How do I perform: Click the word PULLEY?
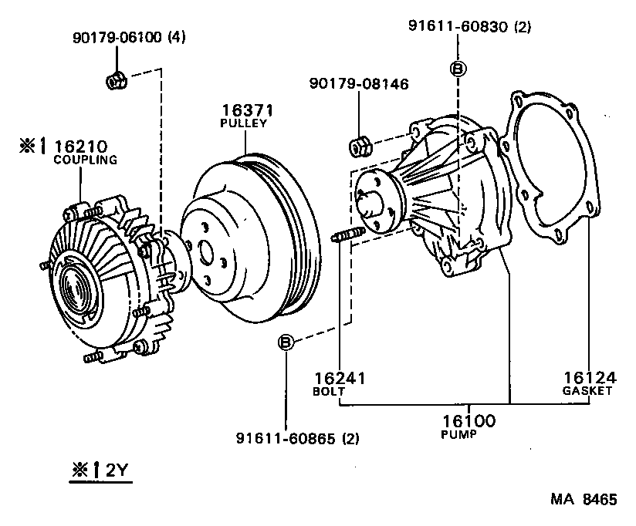[244, 123]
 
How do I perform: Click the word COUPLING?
[85, 160]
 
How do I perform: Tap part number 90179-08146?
[360, 83]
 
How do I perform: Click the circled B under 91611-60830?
[457, 68]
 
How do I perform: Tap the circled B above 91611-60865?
[285, 342]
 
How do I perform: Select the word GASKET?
[588, 391]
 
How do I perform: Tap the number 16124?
[588, 378]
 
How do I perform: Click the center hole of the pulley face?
[205, 251]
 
